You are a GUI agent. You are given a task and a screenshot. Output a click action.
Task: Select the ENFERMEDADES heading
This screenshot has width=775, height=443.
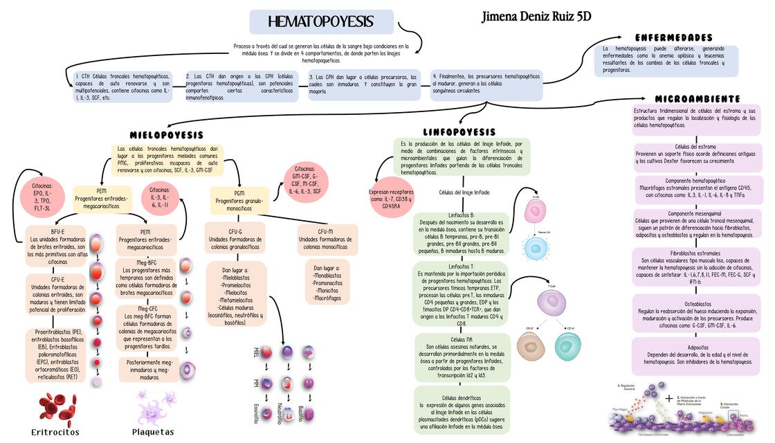click(673, 37)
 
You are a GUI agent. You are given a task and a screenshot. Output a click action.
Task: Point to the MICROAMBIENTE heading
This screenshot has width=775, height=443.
click(697, 99)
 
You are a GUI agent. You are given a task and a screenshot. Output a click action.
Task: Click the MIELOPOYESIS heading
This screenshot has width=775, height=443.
click(167, 135)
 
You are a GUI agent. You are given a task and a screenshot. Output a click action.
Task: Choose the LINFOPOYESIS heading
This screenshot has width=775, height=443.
click(459, 132)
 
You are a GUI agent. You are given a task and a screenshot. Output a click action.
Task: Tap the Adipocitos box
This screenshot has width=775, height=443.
click(697, 354)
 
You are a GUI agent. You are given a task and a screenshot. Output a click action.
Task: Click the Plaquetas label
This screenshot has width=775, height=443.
click(153, 432)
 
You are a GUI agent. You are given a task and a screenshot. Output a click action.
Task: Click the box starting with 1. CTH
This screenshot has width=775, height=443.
click(122, 87)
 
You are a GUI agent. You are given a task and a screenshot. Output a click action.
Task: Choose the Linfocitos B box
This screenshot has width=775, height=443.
click(461, 233)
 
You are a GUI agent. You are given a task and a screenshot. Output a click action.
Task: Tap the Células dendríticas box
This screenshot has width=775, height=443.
click(462, 412)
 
